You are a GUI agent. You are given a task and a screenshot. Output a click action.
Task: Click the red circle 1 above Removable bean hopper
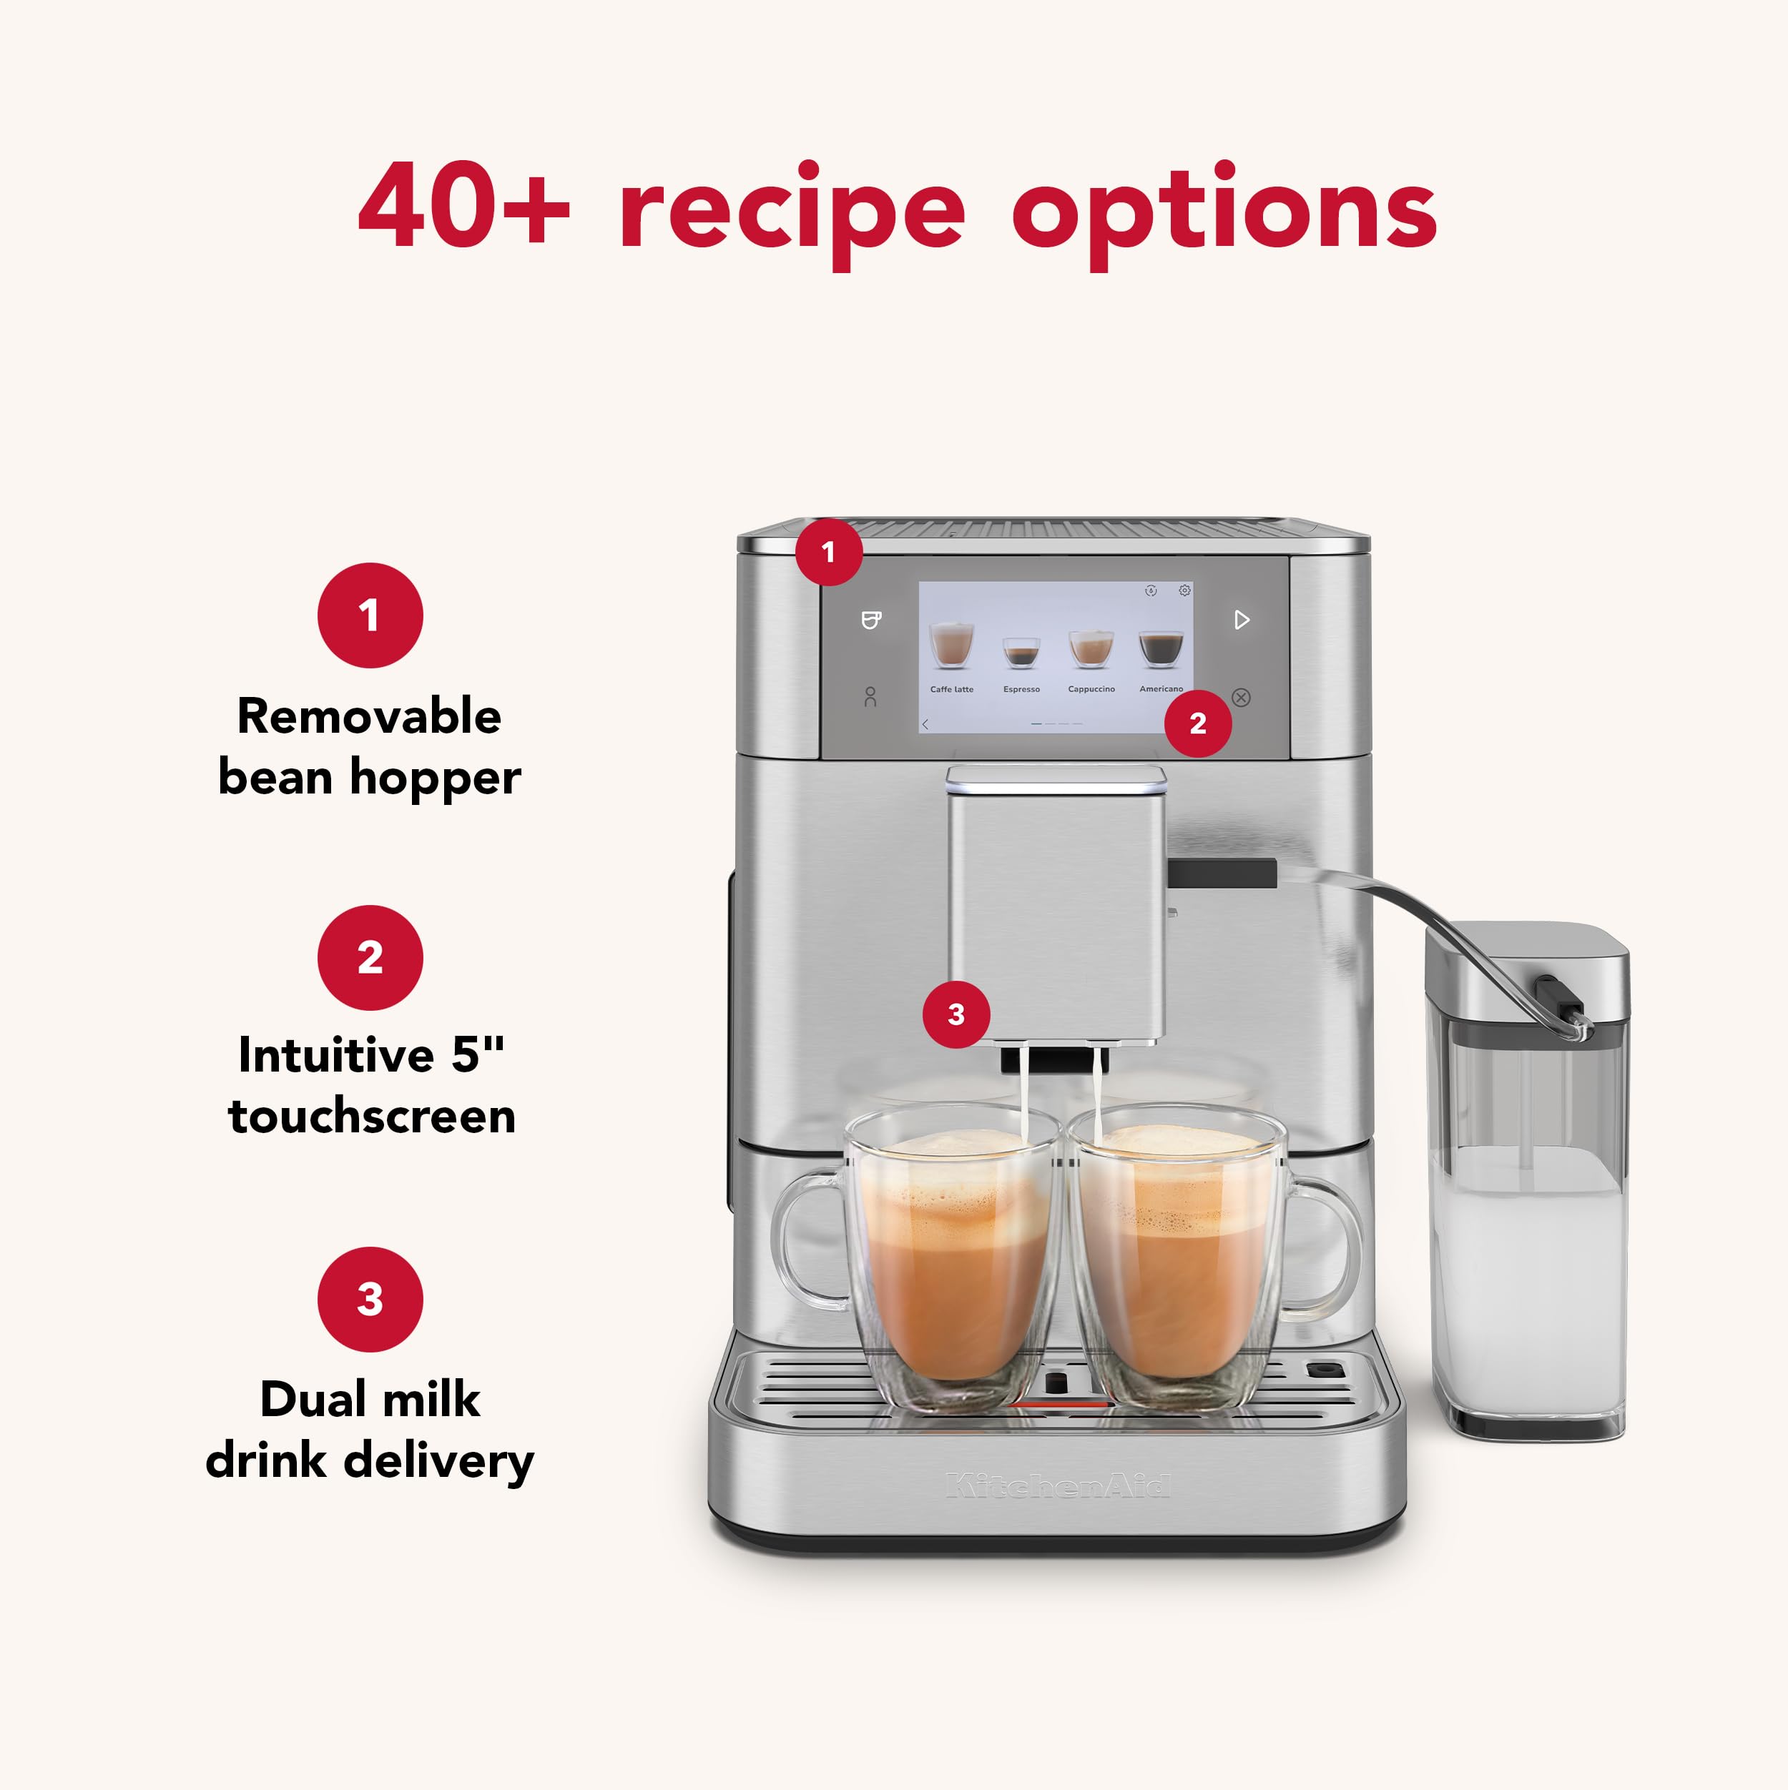click(x=370, y=615)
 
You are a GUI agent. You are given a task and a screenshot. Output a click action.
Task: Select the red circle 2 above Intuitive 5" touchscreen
click(x=370, y=957)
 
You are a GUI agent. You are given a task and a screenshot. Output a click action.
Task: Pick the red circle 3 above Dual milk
click(x=370, y=1299)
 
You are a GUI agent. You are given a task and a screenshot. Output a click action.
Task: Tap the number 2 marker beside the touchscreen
click(x=1197, y=723)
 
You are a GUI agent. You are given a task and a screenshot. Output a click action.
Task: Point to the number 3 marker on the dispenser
click(x=956, y=1014)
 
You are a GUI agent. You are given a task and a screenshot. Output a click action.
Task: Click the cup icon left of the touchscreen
click(x=870, y=620)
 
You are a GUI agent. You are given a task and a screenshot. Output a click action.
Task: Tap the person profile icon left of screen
click(x=870, y=697)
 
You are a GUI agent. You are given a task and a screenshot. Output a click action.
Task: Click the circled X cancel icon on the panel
click(x=1241, y=698)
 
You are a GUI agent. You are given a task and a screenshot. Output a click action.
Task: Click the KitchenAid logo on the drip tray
click(x=1058, y=1486)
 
